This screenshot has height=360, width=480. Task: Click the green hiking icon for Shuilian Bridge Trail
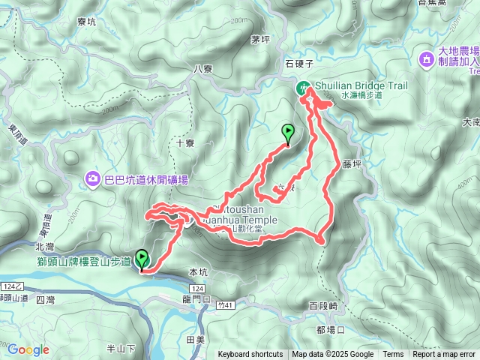coord(304,86)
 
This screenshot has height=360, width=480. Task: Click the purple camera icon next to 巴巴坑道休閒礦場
coord(93,178)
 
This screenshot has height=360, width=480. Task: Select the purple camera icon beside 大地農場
coord(427,58)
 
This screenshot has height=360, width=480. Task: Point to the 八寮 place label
coord(204,68)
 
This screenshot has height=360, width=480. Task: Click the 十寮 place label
coord(185,142)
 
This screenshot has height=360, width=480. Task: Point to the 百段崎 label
coord(324,306)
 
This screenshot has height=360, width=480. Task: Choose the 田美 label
coord(196,340)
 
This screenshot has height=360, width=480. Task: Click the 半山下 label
coord(121,348)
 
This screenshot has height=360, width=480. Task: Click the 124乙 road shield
coord(13,286)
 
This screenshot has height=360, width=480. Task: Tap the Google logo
coord(28,349)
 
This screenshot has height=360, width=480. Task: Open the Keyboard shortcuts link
coord(250,355)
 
